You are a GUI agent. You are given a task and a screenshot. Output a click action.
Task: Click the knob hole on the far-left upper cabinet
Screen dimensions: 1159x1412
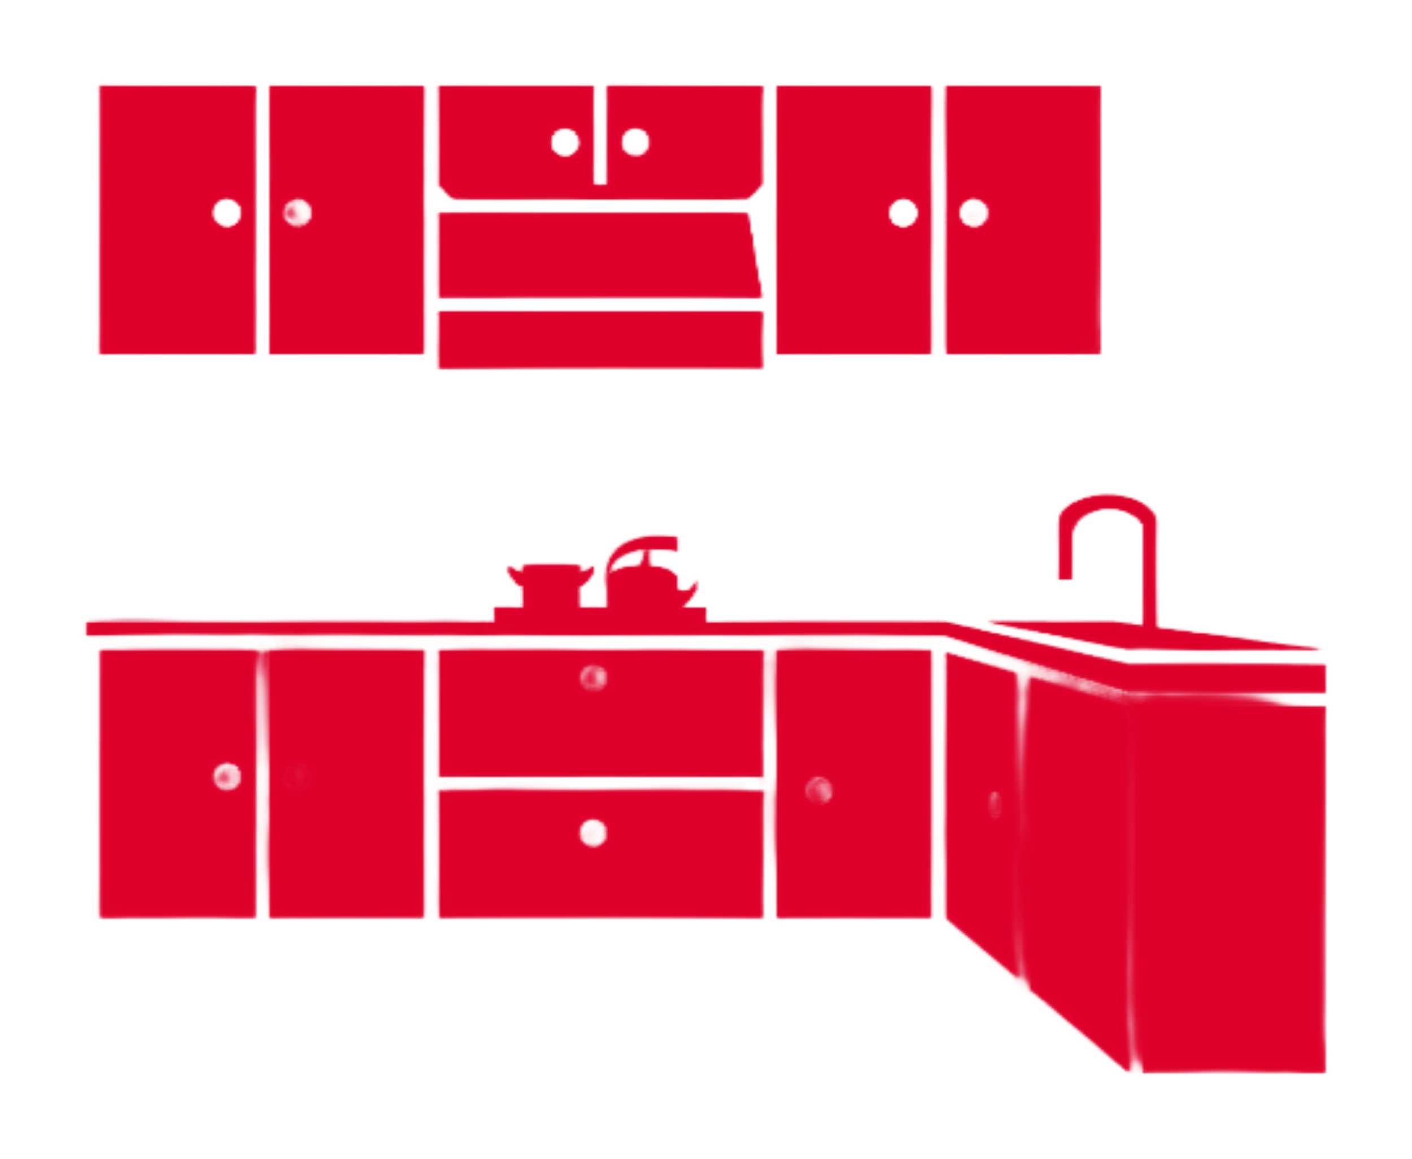tap(228, 214)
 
